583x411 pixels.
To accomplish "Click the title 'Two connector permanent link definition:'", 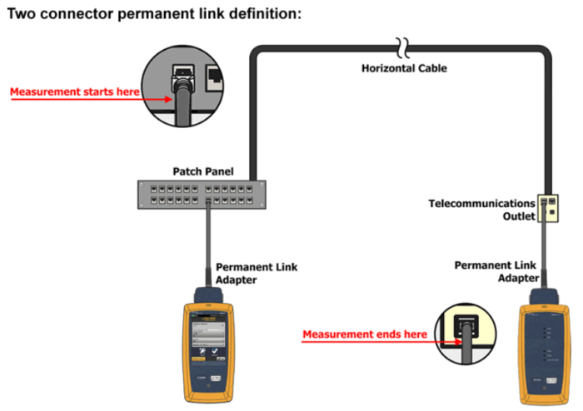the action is click(154, 14).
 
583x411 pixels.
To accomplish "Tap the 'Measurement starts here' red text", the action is click(75, 92).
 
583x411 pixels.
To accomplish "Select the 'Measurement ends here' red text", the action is click(365, 334).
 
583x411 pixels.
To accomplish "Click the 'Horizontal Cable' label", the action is click(404, 68).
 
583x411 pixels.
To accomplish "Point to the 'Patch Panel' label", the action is click(203, 171).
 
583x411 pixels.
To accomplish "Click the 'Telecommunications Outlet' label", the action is click(482, 210).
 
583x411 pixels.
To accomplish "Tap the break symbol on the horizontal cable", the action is click(402, 48).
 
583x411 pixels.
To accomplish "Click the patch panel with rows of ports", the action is click(202, 195).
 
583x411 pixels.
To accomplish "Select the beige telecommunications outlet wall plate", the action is click(548, 208).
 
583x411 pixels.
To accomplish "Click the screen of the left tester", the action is click(208, 337).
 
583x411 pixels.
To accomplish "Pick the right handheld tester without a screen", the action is click(544, 347).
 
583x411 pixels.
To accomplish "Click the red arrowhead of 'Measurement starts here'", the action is click(169, 99).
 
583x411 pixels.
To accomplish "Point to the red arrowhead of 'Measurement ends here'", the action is click(458, 342).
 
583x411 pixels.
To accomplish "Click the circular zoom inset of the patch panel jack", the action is click(182, 87).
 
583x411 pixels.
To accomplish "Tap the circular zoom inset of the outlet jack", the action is click(466, 334).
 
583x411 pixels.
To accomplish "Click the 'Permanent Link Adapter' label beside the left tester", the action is click(257, 273).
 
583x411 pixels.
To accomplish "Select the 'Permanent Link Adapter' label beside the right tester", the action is click(496, 272).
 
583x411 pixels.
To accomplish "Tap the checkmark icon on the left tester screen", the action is click(215, 351).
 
